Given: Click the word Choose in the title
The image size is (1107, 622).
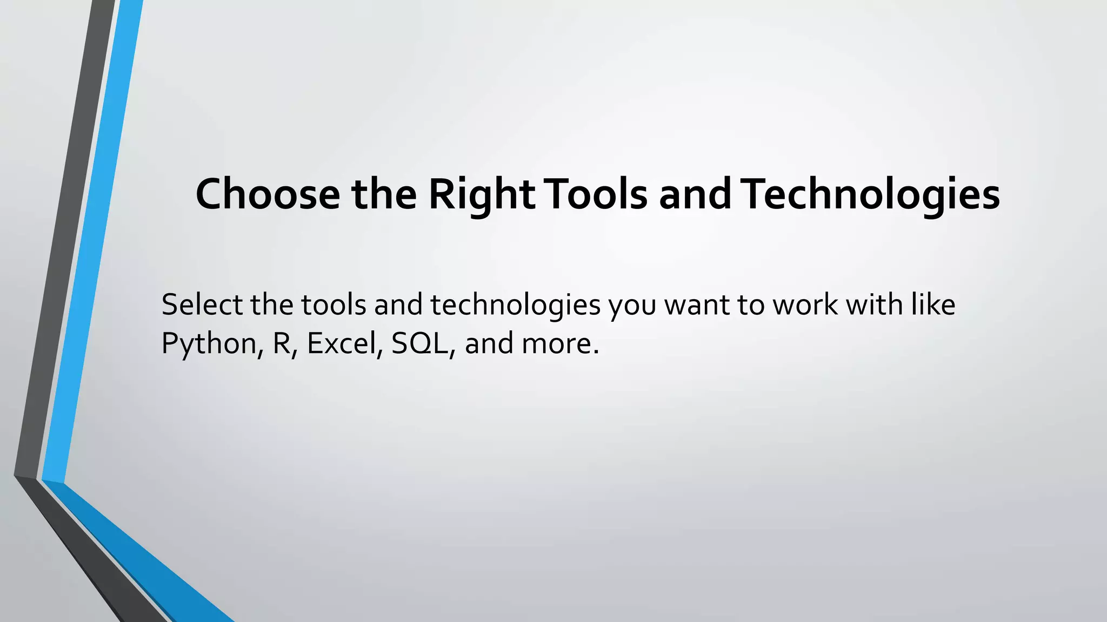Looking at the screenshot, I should [268, 194].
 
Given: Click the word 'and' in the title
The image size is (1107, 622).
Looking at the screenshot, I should [695, 194].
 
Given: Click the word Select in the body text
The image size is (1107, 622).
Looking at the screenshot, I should [202, 305].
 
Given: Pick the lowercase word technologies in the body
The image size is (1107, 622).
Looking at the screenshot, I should [516, 306].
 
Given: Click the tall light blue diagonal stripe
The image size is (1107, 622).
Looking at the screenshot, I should [92, 243].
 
